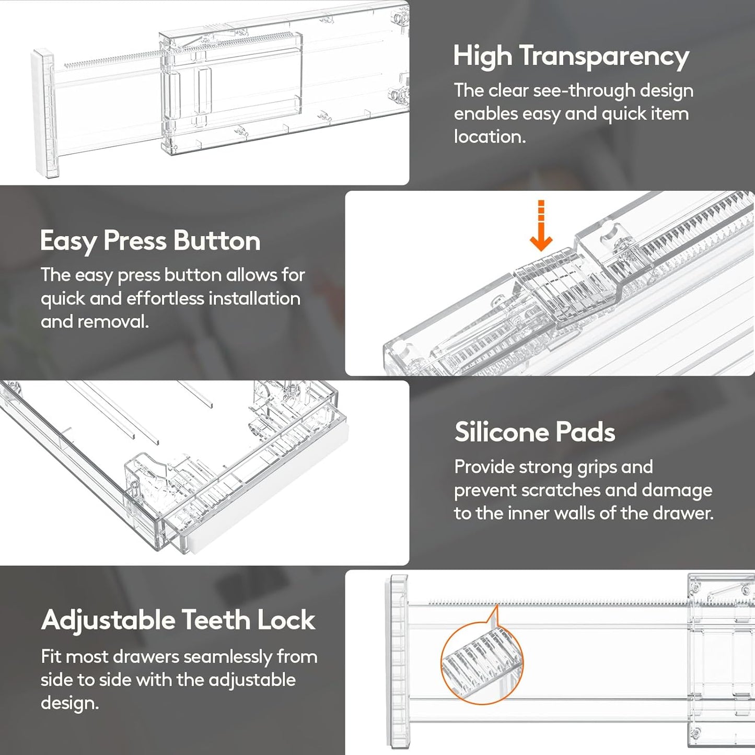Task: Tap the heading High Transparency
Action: point(571,57)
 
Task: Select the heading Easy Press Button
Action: point(150,241)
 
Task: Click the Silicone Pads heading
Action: point(535,432)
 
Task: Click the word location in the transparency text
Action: point(490,137)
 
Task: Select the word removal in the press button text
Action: point(113,322)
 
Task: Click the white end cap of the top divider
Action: point(44,113)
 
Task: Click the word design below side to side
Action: point(69,704)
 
